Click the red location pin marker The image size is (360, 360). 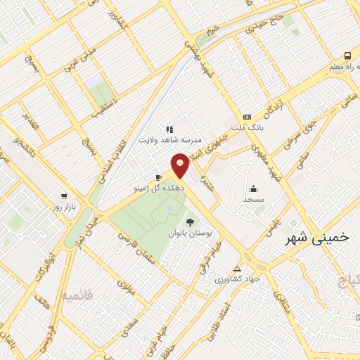(x=181, y=165)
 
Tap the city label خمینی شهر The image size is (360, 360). (x=317, y=238)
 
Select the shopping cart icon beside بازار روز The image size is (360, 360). (x=64, y=196)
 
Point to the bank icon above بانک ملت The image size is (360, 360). (x=246, y=117)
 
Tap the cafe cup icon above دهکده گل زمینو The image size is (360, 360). (x=159, y=177)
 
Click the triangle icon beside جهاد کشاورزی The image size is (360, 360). (x=237, y=268)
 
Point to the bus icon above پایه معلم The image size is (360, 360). (x=347, y=56)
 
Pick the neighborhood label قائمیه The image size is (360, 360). (x=78, y=295)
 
